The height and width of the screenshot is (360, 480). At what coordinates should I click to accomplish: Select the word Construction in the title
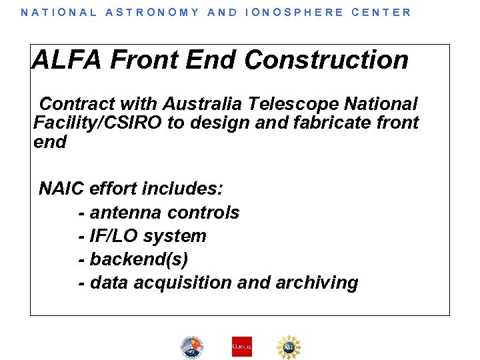(326, 60)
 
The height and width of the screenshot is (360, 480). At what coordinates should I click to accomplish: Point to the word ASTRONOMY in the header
(153, 12)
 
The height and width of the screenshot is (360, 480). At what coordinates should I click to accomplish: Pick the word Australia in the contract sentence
(203, 104)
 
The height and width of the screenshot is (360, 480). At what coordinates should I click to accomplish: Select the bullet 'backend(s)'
(133, 259)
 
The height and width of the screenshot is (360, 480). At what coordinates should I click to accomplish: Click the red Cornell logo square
(241, 346)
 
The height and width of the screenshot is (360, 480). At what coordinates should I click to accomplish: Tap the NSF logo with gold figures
(289, 346)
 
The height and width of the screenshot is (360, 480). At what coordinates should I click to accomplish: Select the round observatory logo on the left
(191, 346)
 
